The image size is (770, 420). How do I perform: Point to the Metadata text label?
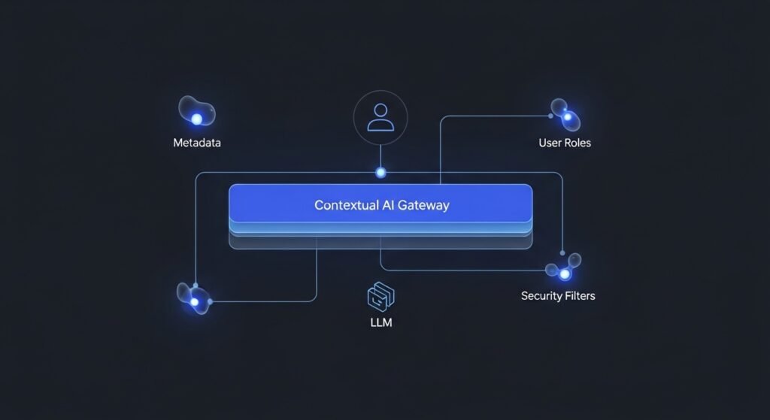(x=197, y=143)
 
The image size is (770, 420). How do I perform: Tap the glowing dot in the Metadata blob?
(x=197, y=119)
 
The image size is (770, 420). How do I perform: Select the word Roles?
(x=577, y=143)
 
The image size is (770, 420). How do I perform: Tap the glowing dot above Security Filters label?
(x=564, y=274)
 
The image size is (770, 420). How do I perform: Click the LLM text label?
(x=381, y=322)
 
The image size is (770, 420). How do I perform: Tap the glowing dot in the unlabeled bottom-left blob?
(x=195, y=301)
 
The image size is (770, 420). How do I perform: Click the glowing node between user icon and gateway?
(x=380, y=173)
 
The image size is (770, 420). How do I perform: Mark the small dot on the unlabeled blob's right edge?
(x=210, y=301)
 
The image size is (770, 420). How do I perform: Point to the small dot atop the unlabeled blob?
(x=195, y=286)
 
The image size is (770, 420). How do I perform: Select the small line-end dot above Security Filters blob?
(x=562, y=252)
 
